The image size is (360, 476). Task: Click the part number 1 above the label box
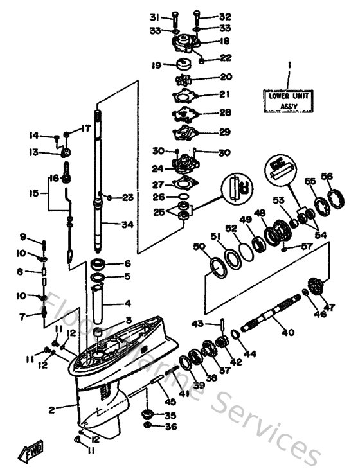tap(289, 66)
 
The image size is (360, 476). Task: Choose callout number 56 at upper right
tap(327, 177)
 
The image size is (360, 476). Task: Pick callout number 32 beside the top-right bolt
tap(224, 17)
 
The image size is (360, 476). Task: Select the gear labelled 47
tap(318, 283)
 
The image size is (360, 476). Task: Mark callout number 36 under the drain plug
tap(170, 426)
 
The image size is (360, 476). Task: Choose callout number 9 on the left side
tap(22, 236)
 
